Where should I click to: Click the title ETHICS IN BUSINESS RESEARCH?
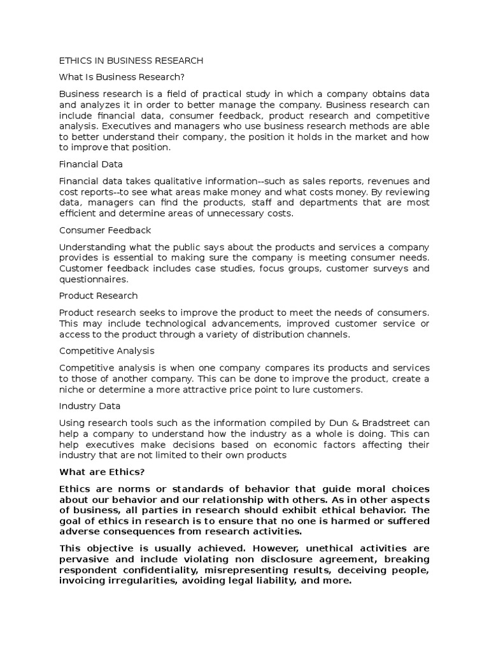131,60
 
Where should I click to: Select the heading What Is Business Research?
122,77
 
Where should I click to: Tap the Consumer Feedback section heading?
105,230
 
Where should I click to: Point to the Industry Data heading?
90,406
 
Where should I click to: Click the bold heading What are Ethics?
102,472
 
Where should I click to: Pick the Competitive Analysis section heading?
106,351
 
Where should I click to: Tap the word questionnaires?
94,280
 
